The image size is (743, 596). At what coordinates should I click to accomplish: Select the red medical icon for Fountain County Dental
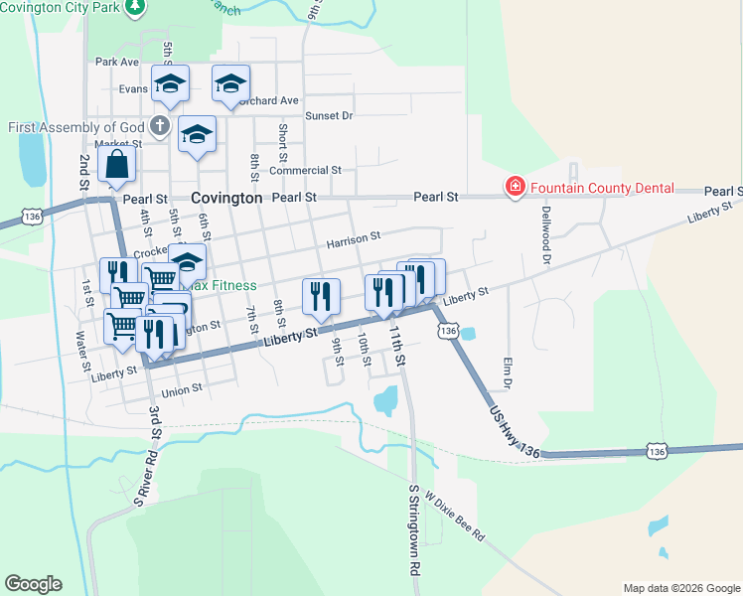click(x=515, y=188)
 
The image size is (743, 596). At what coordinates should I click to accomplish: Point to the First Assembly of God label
click(x=75, y=127)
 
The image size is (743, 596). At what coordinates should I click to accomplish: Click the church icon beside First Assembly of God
click(x=159, y=126)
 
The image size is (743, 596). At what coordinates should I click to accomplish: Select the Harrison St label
click(x=354, y=238)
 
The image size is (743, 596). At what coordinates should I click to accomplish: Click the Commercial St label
click(x=305, y=170)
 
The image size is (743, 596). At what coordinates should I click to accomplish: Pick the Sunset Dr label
click(x=329, y=116)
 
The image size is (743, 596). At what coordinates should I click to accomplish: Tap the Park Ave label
click(x=117, y=62)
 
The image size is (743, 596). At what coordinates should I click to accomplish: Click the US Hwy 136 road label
click(x=515, y=430)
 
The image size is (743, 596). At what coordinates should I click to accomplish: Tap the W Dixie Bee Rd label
click(x=454, y=516)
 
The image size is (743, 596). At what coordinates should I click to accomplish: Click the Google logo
click(x=33, y=584)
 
